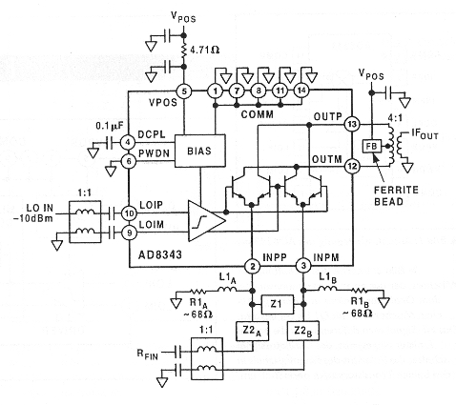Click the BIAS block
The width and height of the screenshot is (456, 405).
200,151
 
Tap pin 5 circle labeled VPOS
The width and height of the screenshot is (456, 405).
184,91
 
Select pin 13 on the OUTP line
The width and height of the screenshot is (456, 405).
352,124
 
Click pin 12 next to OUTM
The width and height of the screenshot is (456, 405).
352,167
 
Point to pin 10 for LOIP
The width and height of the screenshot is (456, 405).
129,213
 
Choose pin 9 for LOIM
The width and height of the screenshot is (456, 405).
129,233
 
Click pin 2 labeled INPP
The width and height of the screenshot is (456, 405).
252,266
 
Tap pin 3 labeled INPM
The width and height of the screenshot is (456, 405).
303,266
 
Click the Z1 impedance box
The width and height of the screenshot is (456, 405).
278,304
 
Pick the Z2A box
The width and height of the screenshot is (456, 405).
252,331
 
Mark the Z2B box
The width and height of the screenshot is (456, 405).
303,331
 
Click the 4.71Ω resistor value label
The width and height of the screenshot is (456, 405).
204,50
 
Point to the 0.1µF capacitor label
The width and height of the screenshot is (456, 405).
110,127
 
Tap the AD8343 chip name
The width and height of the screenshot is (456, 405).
160,254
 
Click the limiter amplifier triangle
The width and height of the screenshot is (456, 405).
206,220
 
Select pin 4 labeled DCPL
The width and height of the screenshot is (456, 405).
128,142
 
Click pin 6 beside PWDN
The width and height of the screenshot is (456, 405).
129,161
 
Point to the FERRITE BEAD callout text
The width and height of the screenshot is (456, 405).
396,195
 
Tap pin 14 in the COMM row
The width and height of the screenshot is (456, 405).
301,91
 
